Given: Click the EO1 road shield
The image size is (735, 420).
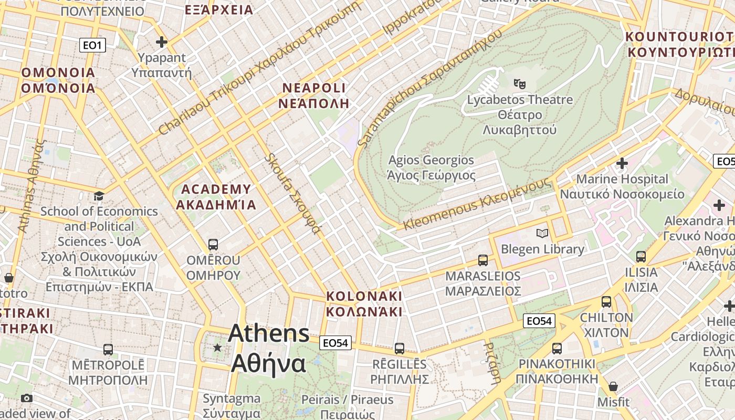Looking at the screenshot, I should coord(92,45).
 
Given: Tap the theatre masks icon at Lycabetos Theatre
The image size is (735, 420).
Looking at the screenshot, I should coord(520,83).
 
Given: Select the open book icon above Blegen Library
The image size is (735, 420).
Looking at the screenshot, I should coord(542,233).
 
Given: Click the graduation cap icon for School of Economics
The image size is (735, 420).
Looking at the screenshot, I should coord(99,196).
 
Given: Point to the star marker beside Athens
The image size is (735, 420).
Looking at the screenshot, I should coord(217,348).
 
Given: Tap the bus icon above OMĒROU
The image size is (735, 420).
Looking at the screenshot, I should coord(213,245).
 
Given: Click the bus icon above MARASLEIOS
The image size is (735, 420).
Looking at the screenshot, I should coord(482,260).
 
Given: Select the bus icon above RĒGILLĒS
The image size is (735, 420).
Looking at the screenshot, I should coord(399,349).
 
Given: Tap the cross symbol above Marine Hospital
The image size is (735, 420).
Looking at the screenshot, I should coord(622,163).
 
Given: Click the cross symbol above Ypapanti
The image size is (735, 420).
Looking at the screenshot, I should coord(162,42).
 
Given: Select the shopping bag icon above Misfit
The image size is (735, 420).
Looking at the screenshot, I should coord(613,387).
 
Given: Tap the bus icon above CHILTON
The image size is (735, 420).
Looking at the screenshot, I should coord(606,302).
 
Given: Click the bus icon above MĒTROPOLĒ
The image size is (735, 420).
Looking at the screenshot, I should coord(108,350).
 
